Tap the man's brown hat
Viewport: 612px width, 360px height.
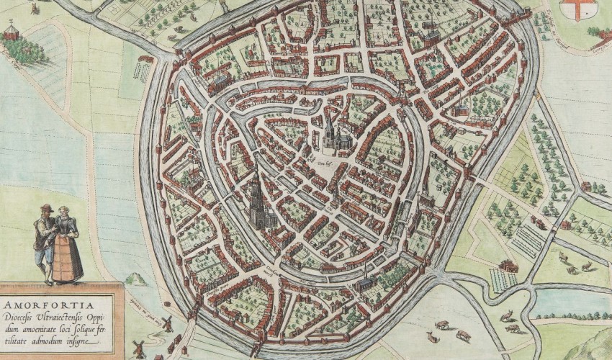click(x=45, y=208)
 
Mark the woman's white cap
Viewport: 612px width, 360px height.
click(x=63, y=210)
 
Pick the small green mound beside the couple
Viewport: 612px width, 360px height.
click(x=134, y=279)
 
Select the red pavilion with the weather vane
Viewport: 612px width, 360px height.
click(x=11, y=30)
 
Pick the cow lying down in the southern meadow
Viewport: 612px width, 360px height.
click(x=434, y=337)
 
